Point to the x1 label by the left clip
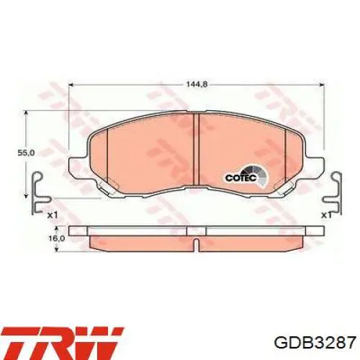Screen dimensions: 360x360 (52, 214)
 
